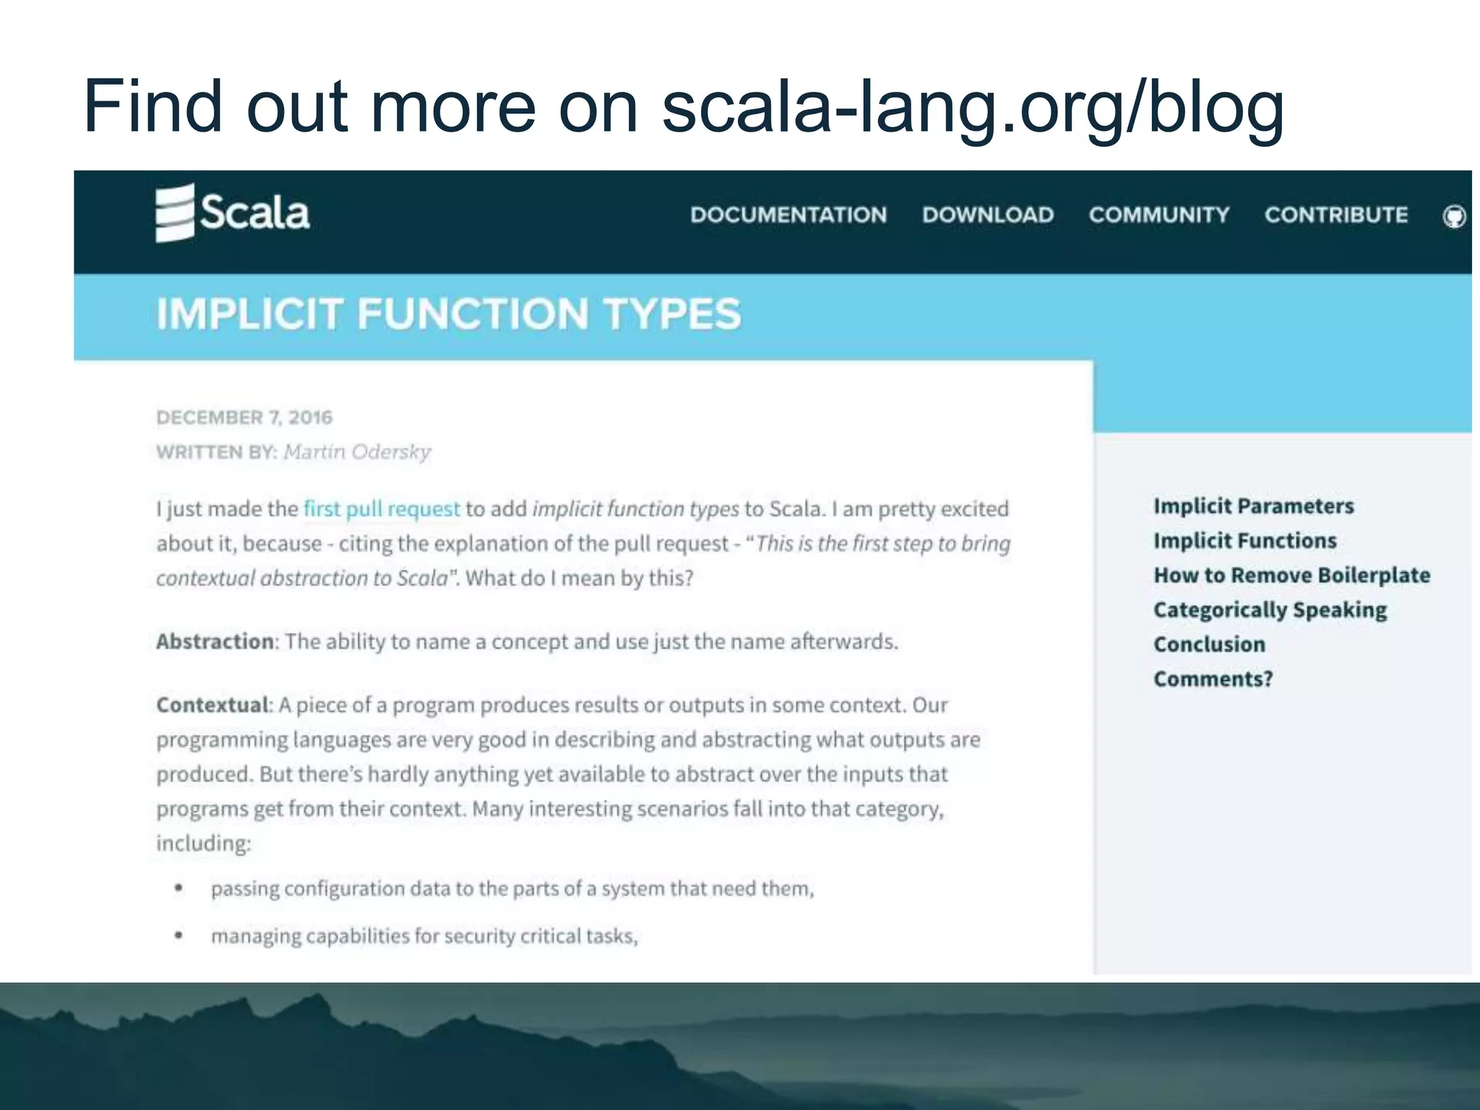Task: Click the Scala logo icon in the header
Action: (x=175, y=212)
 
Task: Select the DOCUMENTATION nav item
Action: (x=788, y=215)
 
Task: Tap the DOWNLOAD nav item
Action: (x=987, y=215)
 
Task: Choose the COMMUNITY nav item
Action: (x=1158, y=215)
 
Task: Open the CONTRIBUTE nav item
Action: (x=1335, y=215)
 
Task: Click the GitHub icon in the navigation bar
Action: (x=1453, y=216)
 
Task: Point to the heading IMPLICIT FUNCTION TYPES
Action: (x=449, y=314)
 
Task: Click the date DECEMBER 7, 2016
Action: (x=244, y=418)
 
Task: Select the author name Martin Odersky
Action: (x=357, y=452)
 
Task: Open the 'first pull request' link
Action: (x=382, y=509)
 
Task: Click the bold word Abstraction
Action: (x=215, y=642)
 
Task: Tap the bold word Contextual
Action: (x=212, y=705)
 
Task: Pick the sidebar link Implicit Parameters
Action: (x=1253, y=506)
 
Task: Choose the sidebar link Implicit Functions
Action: (x=1244, y=541)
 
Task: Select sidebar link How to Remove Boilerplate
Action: (x=1291, y=575)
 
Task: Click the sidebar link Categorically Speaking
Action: (x=1270, y=610)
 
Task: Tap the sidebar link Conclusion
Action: (x=1209, y=645)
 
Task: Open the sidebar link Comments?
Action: (x=1213, y=679)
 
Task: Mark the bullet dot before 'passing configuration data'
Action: (x=178, y=888)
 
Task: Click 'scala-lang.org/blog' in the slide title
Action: (x=972, y=107)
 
